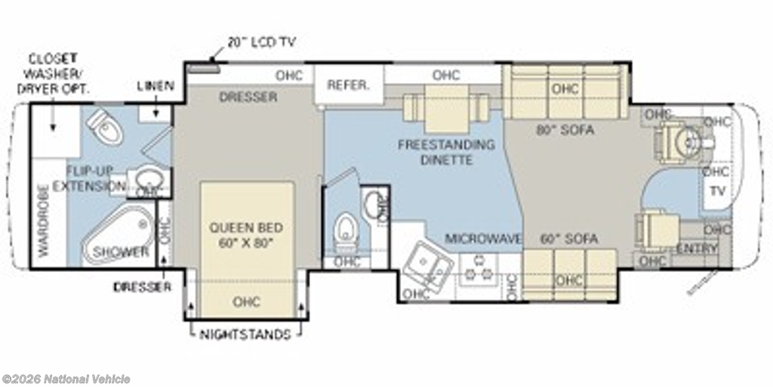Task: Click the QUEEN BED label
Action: [246, 235]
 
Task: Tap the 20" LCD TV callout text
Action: [261, 41]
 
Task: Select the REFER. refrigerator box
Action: [348, 85]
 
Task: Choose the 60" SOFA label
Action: [569, 239]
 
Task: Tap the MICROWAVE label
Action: [483, 239]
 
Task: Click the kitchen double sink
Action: [427, 265]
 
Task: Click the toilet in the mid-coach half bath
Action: [345, 228]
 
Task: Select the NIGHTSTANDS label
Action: [246, 335]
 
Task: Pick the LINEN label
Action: [156, 86]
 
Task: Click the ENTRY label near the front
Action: [697, 248]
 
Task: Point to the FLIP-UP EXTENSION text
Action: [95, 178]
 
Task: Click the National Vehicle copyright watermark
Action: [66, 379]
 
